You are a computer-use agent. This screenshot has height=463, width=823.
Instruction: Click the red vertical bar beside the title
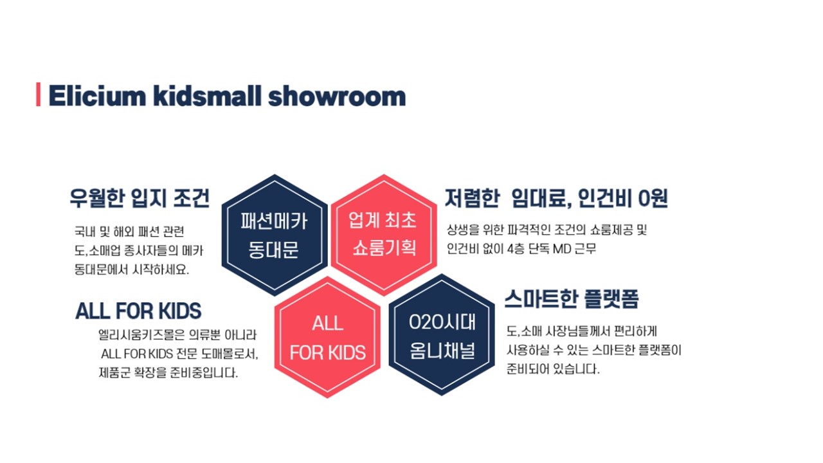tap(38, 95)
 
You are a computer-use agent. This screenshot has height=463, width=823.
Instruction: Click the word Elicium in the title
tap(97, 96)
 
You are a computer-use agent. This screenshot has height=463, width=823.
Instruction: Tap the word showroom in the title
tap(337, 96)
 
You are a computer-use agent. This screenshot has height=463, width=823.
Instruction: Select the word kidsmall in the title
tap(207, 96)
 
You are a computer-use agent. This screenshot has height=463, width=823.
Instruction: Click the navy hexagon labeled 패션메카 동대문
tap(275, 235)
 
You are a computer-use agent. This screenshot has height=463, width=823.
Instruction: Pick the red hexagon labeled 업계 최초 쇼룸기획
tap(384, 235)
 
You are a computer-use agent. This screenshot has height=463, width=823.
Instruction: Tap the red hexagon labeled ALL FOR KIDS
tap(327, 338)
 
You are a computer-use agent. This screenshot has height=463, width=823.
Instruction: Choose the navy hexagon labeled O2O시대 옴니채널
tap(442, 335)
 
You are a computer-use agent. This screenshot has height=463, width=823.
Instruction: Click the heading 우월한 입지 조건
tap(140, 199)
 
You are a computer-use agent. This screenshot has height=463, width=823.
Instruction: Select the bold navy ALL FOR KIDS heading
tap(138, 311)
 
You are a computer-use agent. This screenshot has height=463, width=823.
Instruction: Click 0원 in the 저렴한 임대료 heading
tap(653, 199)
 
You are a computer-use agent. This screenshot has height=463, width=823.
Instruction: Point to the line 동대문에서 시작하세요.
tap(132, 269)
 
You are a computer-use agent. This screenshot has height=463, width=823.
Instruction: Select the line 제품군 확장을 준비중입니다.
tap(168, 373)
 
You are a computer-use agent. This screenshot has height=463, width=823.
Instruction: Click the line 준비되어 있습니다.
tap(553, 369)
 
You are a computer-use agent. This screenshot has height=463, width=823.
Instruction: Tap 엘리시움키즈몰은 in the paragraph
tap(141, 335)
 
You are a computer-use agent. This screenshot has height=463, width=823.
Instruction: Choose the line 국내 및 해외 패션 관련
tap(129, 232)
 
